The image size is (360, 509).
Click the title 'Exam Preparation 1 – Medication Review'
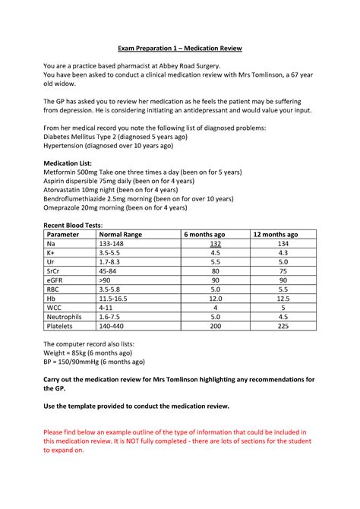tap(179, 48)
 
